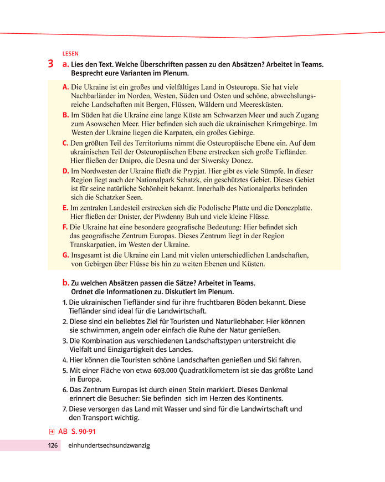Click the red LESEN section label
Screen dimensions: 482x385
tap(71, 54)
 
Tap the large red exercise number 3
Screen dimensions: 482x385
tap(50, 64)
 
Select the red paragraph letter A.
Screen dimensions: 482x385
tap(65, 87)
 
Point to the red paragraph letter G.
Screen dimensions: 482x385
tap(66, 255)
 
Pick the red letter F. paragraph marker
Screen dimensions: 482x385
tap(65, 227)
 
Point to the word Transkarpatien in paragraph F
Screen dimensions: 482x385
tap(95, 244)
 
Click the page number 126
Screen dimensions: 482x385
tap(53, 445)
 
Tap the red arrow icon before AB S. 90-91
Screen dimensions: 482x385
tap(51, 430)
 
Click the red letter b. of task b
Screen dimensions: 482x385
tap(66, 283)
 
